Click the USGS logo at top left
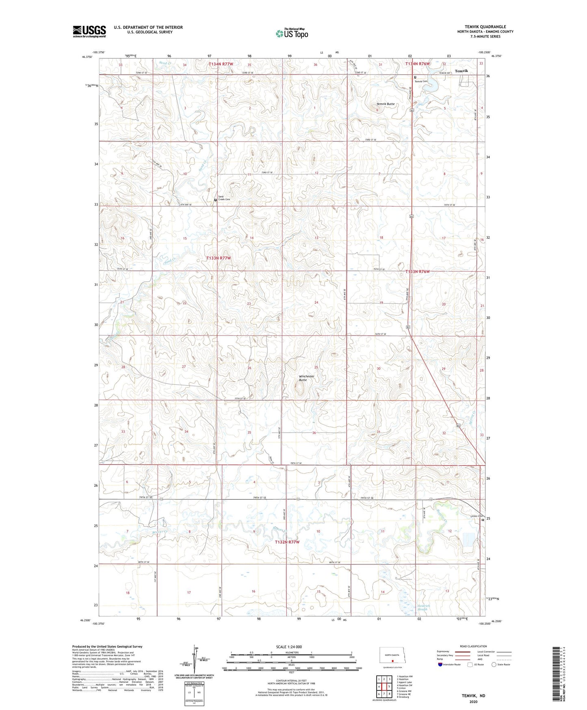click(89, 31)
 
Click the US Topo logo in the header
click(291, 33)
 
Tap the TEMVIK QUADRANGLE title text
click(485, 27)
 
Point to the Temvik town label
click(461, 71)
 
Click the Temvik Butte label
click(385, 104)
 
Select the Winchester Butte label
click(307, 378)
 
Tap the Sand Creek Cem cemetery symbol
click(216, 200)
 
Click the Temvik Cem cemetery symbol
click(415, 77)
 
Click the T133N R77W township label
click(219, 258)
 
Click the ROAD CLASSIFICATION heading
click(473, 646)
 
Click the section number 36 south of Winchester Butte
click(314, 433)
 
